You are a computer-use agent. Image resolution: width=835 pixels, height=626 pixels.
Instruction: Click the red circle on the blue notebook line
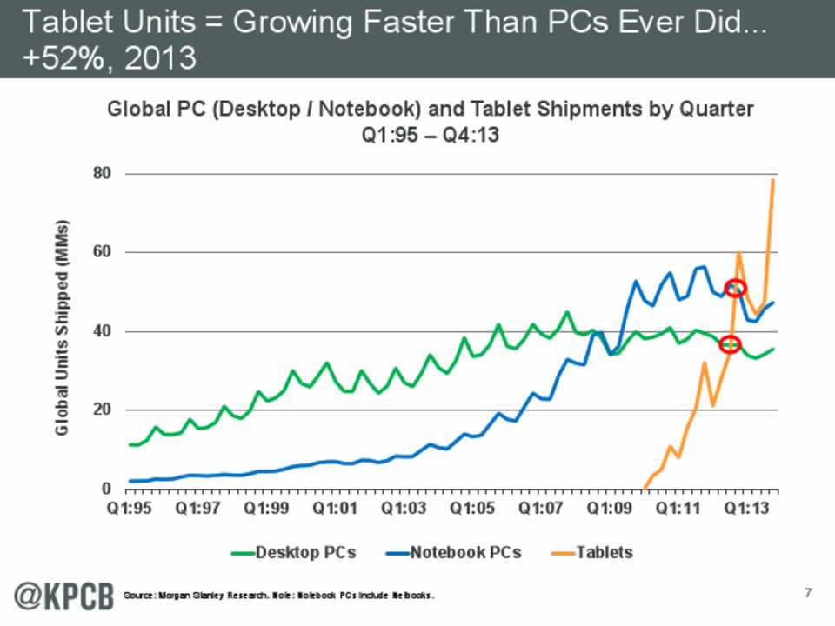pyautogui.click(x=736, y=288)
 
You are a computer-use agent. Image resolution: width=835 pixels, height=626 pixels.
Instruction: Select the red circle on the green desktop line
pyautogui.click(x=730, y=344)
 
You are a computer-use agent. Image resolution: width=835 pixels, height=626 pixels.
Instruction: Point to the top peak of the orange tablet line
pyautogui.click(x=772, y=180)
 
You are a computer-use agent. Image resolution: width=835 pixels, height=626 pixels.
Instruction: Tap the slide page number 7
pyautogui.click(x=808, y=593)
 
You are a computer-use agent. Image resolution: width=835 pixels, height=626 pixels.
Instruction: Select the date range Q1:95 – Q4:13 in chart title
pyautogui.click(x=431, y=136)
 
